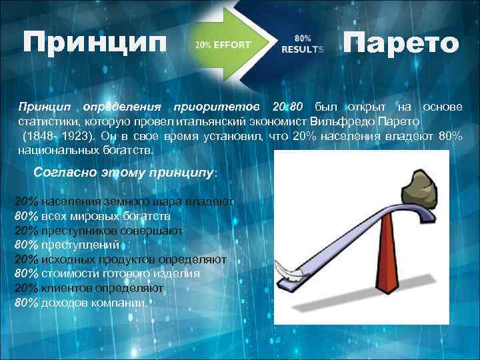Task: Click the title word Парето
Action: [x=401, y=44]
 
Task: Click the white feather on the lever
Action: [x=287, y=273]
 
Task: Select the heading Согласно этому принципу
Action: [x=124, y=173]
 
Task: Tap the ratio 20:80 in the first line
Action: [x=288, y=107]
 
